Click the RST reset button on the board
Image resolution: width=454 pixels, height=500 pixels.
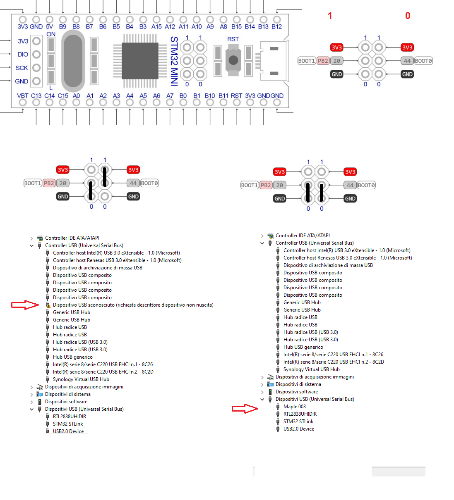click(233, 60)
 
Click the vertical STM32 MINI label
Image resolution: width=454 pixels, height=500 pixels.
click(174, 61)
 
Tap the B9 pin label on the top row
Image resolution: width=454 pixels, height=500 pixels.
click(62, 26)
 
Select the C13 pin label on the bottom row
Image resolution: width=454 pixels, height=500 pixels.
click(36, 95)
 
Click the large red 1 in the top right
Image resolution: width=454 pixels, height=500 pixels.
click(330, 16)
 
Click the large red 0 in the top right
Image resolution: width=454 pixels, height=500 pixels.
click(408, 16)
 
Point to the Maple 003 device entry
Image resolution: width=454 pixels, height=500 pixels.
click(294, 407)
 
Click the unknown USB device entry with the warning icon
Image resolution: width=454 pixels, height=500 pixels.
click(133, 305)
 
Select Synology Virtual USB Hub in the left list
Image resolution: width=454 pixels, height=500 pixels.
click(81, 379)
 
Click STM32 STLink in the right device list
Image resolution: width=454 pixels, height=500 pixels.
click(298, 421)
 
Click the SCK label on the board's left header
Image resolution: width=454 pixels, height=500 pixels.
click(22, 68)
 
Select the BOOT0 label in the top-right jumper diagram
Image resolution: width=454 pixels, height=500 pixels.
click(423, 61)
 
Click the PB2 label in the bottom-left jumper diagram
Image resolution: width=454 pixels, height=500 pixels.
click(49, 183)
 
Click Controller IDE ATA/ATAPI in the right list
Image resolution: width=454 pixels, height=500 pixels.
click(303, 236)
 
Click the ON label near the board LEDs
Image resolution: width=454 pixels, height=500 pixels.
click(51, 34)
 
